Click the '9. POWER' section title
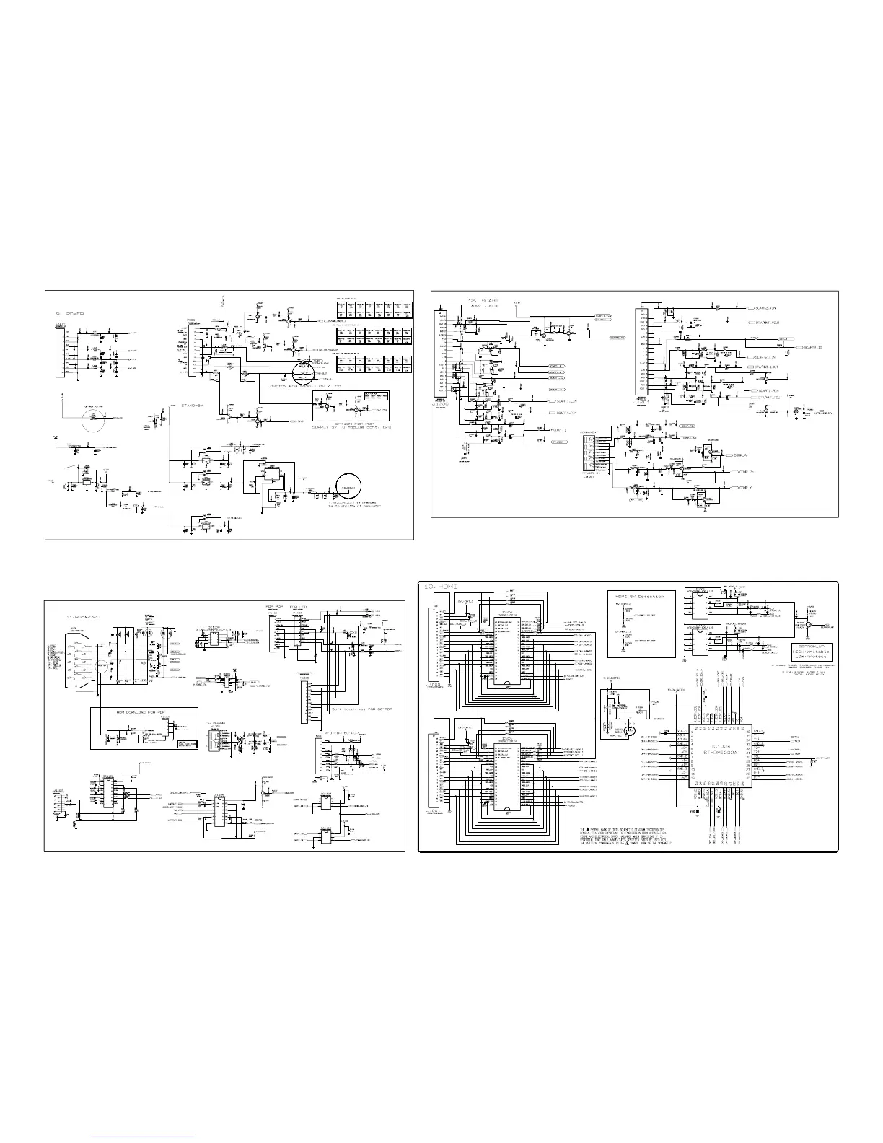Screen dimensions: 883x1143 pos(70,314)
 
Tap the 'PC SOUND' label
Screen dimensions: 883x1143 pos(216,722)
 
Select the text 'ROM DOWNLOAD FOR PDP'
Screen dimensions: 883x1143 pos(133,711)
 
